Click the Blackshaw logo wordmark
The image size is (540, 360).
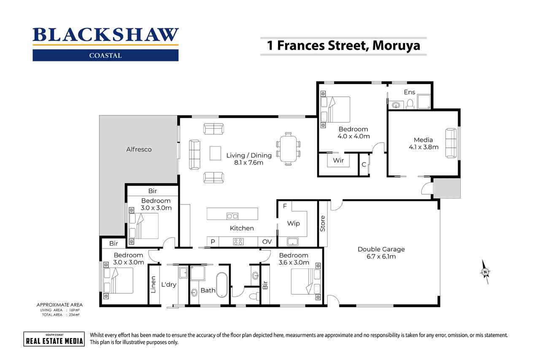pyautogui.click(x=105, y=35)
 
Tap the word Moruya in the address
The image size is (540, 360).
pyautogui.click(x=396, y=46)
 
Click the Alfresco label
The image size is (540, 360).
pyautogui.click(x=139, y=149)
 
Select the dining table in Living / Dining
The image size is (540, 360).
pyautogui.click(x=288, y=149)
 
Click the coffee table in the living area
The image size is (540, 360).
pyautogui.click(x=215, y=153)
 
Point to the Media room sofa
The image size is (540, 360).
pyautogui.click(x=451, y=143)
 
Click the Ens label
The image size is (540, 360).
pyautogui.click(x=409, y=92)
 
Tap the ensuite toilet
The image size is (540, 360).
pyautogui.click(x=410, y=104)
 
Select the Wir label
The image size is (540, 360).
pyautogui.click(x=338, y=160)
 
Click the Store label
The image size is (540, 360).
pyautogui.click(x=323, y=224)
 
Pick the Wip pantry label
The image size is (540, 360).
pyautogui.click(x=293, y=224)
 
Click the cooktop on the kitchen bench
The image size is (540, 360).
pyautogui.click(x=238, y=241)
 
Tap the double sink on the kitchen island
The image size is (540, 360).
pyautogui.click(x=232, y=216)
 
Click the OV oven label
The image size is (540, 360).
pyautogui.click(x=267, y=241)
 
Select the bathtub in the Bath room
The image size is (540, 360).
pyautogui.click(x=221, y=285)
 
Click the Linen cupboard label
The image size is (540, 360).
pyautogui.click(x=153, y=284)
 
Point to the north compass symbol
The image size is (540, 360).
pyautogui.click(x=485, y=272)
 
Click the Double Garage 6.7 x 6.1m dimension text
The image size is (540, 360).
pyautogui.click(x=381, y=257)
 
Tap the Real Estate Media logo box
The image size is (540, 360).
pyautogui.click(x=54, y=339)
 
